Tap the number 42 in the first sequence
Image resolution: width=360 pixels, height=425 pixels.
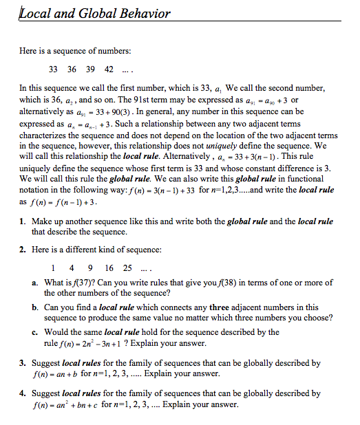108,69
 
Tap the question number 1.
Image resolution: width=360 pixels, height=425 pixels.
22,221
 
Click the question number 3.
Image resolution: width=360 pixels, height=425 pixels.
22,362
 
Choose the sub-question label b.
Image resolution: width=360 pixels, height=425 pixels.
34,307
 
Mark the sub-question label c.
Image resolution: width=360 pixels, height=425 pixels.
34,331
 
